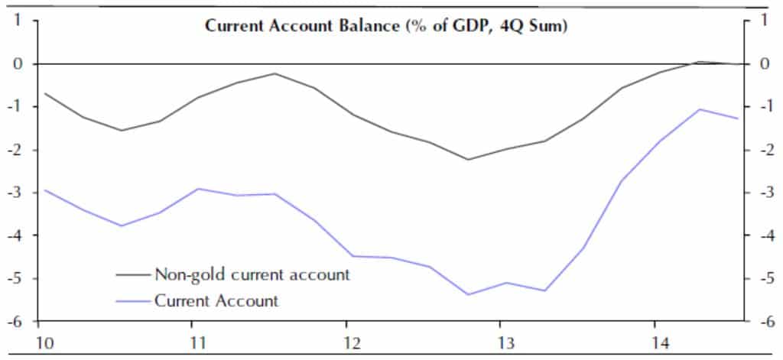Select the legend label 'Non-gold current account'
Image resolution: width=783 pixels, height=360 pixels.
pyautogui.click(x=252, y=274)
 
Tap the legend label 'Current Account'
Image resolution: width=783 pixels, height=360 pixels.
pyautogui.click(x=216, y=300)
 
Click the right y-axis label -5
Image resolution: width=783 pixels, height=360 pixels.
pyautogui.click(x=760, y=278)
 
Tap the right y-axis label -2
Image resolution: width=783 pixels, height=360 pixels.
pyautogui.click(x=760, y=150)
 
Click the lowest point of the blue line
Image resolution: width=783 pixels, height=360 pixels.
pyautogui.click(x=468, y=294)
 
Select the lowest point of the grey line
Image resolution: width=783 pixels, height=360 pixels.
pyautogui.click(x=468, y=160)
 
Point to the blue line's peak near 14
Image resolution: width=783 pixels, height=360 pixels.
pyautogui.click(x=699, y=109)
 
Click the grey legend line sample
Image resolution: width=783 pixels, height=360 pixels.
pyautogui.click(x=133, y=274)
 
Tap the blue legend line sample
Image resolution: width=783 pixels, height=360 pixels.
pyautogui.click(x=133, y=300)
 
